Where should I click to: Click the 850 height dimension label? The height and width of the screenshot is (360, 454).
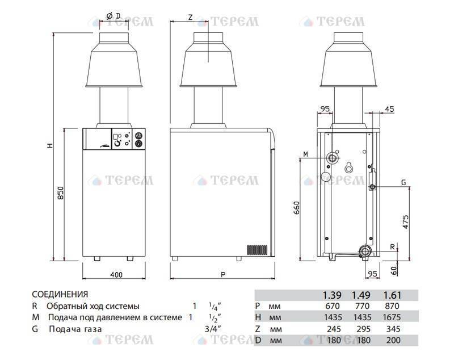(x=61, y=192)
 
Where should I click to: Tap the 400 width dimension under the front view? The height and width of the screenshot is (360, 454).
(x=116, y=274)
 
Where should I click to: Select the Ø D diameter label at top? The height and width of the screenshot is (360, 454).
(x=113, y=16)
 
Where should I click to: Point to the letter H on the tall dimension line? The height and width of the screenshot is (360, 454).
(x=51, y=146)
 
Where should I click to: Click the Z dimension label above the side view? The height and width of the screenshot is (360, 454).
(x=190, y=18)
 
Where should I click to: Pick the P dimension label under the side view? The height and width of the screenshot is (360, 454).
(x=222, y=274)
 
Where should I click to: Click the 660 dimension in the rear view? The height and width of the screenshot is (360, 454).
(x=296, y=208)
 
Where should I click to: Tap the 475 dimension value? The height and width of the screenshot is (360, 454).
(x=406, y=222)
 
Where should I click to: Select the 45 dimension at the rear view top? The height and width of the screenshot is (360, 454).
(x=390, y=109)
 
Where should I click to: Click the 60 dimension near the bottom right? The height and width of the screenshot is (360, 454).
(x=394, y=270)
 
